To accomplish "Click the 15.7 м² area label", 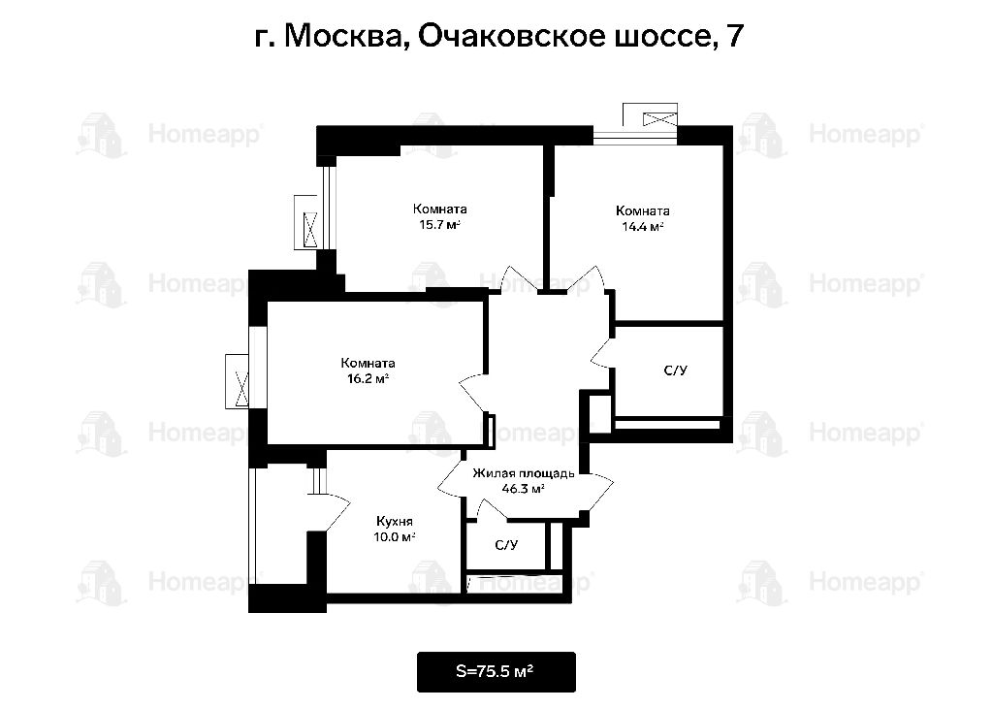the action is click(439, 225).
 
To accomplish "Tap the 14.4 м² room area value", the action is click(642, 227).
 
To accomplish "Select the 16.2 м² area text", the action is click(368, 379).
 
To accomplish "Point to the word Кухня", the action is click(394, 522).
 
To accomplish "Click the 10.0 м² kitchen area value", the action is click(394, 537).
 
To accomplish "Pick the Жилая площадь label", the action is click(524, 473).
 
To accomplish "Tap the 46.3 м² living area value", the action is click(524, 489).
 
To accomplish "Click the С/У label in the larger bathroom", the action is click(675, 371).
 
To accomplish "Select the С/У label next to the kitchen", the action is click(506, 545).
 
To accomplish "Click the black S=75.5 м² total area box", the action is click(496, 671).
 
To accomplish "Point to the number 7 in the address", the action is click(735, 36).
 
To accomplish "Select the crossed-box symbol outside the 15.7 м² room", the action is click(310, 229).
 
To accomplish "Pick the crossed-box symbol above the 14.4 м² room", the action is click(659, 118).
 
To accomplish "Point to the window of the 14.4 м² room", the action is click(635, 134).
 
